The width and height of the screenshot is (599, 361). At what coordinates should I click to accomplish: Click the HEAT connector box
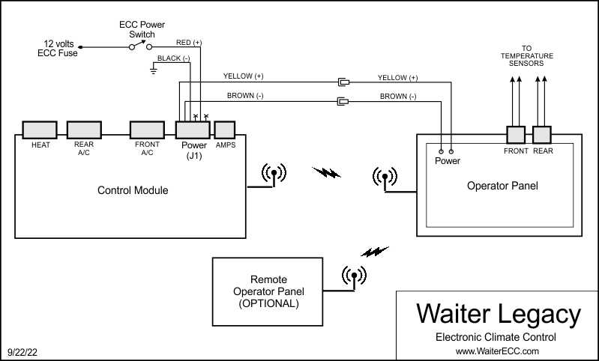pos(40,130)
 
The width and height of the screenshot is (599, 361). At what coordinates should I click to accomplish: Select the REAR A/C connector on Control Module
pos(84,130)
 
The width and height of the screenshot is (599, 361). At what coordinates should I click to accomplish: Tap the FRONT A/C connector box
pos(147,130)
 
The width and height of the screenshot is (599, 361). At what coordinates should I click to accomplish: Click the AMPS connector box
pos(225,130)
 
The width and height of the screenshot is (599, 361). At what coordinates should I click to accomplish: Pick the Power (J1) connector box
pos(193,130)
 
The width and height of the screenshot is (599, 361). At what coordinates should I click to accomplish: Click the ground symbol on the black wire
pos(153,69)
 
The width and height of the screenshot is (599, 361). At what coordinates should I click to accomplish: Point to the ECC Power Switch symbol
pos(141,46)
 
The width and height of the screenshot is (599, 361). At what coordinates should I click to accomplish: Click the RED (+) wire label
pos(189,43)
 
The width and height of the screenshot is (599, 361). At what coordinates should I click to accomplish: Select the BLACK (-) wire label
pos(173,58)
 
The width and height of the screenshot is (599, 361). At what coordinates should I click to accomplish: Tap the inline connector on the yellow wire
pos(343,82)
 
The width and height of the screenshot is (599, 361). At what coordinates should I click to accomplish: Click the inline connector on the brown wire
pos(343,101)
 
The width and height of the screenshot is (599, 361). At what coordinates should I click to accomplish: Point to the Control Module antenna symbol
pos(274,174)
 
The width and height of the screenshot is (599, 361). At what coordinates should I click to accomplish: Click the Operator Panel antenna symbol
pos(385,178)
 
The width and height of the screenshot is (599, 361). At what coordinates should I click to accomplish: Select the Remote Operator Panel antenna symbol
pos(354,276)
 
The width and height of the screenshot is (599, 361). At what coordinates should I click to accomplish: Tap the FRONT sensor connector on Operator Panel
pos(516,135)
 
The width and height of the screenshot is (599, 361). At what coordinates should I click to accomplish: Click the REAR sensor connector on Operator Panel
pos(542,135)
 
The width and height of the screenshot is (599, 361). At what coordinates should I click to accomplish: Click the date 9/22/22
pos(22,352)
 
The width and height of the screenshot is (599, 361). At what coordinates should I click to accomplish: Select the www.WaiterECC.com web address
pos(497,351)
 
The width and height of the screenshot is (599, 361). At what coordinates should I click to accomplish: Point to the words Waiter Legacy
pos(498,314)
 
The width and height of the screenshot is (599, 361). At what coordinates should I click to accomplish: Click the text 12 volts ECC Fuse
pos(58,49)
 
